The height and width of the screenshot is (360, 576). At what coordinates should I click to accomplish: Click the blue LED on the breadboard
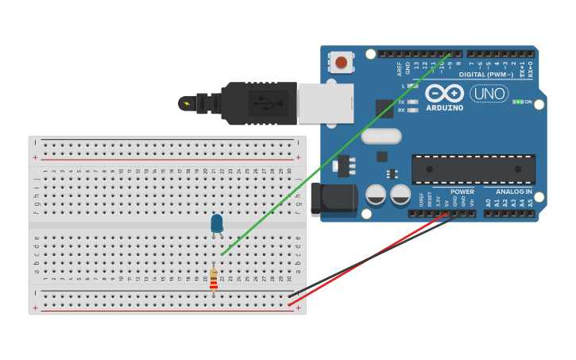pos(217,223)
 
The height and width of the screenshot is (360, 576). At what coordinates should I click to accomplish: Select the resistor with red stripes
pos(214,279)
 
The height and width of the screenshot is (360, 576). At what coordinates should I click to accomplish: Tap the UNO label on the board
pos(489,93)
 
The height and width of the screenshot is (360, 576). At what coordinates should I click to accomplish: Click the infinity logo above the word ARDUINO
pos(444,94)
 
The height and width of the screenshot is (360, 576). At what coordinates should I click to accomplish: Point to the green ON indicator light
pos(517,102)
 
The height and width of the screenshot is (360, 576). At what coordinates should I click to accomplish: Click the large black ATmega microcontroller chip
pos(473,169)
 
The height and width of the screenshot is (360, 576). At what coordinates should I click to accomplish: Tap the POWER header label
pos(462,192)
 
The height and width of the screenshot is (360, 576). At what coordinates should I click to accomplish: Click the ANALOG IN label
pos(514,192)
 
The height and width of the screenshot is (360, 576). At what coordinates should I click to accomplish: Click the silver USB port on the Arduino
pos(325,103)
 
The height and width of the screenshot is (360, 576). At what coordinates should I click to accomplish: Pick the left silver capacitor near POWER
pos(376,195)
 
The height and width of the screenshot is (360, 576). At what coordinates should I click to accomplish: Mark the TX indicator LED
pos(412,103)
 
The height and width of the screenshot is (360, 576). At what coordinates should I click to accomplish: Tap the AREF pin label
pos(400,69)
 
